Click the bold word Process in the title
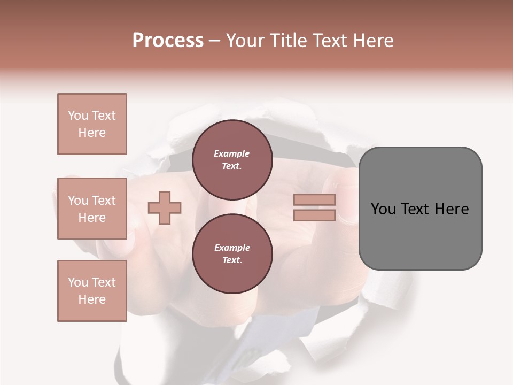point(168,41)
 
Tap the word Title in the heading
point(289,41)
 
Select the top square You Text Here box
point(92,124)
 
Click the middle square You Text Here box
point(92,209)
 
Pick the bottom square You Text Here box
point(92,290)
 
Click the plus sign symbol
point(165,207)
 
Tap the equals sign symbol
point(314,207)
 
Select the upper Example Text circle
point(232,159)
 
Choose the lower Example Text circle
point(232,253)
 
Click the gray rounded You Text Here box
point(420,209)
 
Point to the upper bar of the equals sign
point(314,200)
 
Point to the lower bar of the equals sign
point(314,215)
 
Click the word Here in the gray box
point(452,209)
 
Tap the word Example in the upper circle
point(232,153)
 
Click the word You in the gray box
point(384,209)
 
